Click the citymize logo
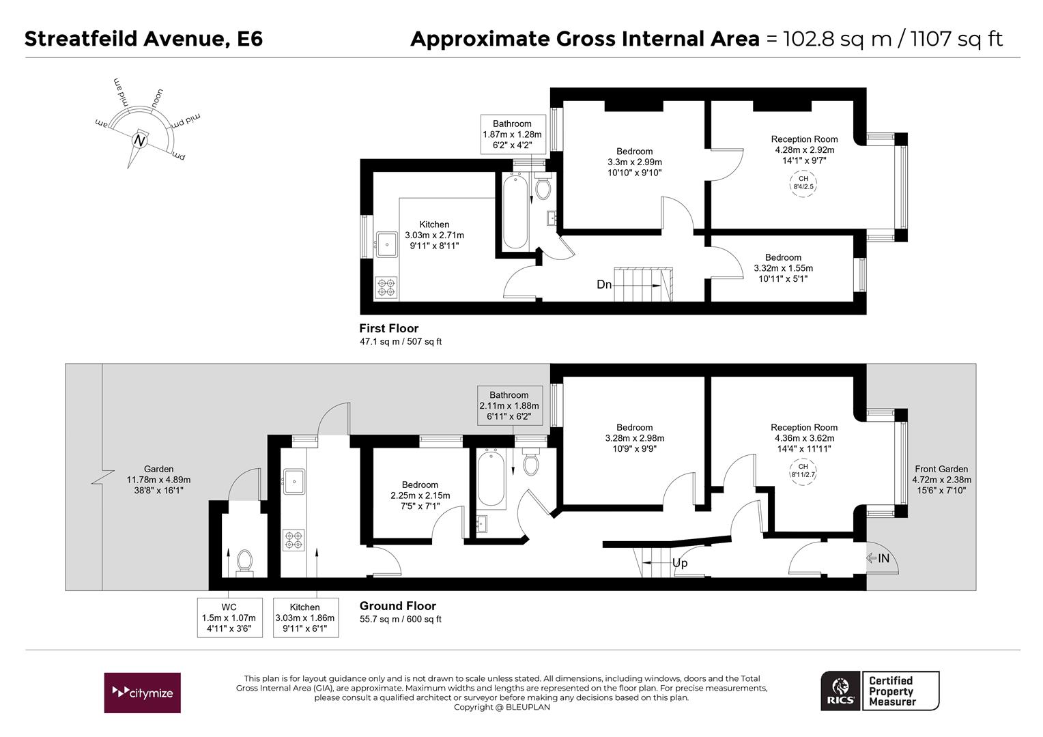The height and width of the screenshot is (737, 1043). coord(142,693)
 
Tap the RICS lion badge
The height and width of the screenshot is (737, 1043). coord(841,691)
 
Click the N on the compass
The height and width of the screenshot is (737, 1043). coord(139,140)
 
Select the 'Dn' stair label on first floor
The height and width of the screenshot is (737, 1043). coord(604,284)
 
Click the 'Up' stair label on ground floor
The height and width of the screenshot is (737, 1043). coord(680,564)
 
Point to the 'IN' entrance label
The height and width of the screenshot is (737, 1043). coord(883,558)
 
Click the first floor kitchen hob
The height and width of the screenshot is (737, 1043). coord(386,287)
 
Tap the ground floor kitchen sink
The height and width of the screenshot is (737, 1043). coord(294,481)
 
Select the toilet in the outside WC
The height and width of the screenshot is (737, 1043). coord(244,562)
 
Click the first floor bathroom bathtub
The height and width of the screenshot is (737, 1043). coord(515,210)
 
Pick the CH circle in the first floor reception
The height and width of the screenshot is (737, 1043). coord(803,183)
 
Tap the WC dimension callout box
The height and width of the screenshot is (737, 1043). coord(229,618)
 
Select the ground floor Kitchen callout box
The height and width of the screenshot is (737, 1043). coord(305,618)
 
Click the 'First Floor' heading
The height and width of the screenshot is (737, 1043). coord(389,328)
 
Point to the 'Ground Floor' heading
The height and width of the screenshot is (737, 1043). coord(398,606)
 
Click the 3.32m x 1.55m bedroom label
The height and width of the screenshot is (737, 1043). coord(783,268)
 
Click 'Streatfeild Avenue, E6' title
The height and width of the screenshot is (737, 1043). coord(143,39)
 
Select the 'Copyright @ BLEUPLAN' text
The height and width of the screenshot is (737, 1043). coord(502,707)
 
